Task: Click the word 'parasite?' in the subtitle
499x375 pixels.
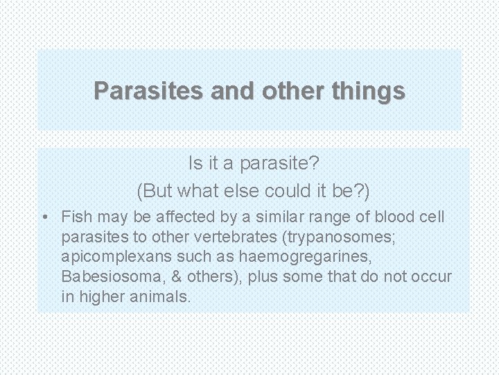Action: (280, 165)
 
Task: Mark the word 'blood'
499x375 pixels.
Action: (394, 217)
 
